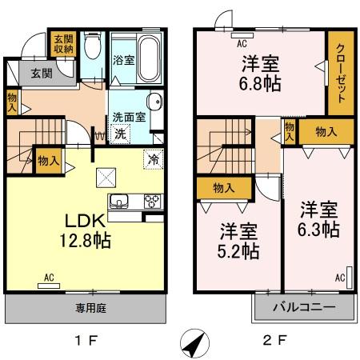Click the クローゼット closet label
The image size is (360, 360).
click(x=340, y=72)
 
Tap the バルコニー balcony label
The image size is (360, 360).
click(x=303, y=307)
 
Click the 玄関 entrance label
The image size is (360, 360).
click(x=42, y=74)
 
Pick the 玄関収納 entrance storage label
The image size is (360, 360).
click(x=63, y=44)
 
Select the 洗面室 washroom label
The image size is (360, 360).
click(x=127, y=117)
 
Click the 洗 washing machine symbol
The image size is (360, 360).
click(x=120, y=134)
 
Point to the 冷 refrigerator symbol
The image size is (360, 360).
click(x=152, y=158)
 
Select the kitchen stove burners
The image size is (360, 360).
click(x=150, y=201)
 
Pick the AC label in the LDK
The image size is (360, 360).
click(x=48, y=278)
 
